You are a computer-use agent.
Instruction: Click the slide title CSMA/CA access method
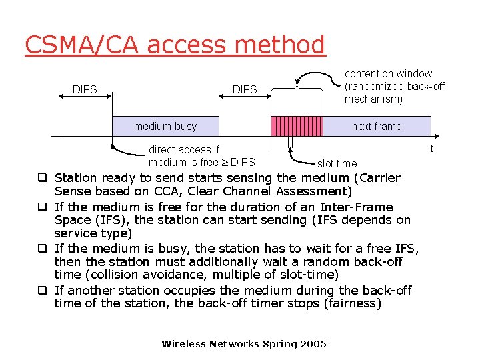coord(175,45)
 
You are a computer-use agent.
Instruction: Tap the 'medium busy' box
coord(165,126)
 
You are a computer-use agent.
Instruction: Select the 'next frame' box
coord(377,126)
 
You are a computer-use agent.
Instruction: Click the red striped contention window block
coord(296,126)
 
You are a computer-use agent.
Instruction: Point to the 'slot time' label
coord(337,163)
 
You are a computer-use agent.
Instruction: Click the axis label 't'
coord(432,148)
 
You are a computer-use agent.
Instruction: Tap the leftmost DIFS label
coord(85,89)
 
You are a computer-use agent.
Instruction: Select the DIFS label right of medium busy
coord(245,89)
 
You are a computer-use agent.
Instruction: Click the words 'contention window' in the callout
coord(388,74)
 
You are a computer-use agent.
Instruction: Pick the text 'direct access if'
coord(184,150)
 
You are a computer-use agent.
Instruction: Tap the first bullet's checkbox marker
coord(41,178)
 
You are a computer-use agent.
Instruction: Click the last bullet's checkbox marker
coord(41,291)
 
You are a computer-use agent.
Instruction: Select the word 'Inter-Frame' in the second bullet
coord(357,207)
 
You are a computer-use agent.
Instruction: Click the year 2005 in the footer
coord(313,344)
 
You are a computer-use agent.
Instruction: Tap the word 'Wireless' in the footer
coord(184,344)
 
